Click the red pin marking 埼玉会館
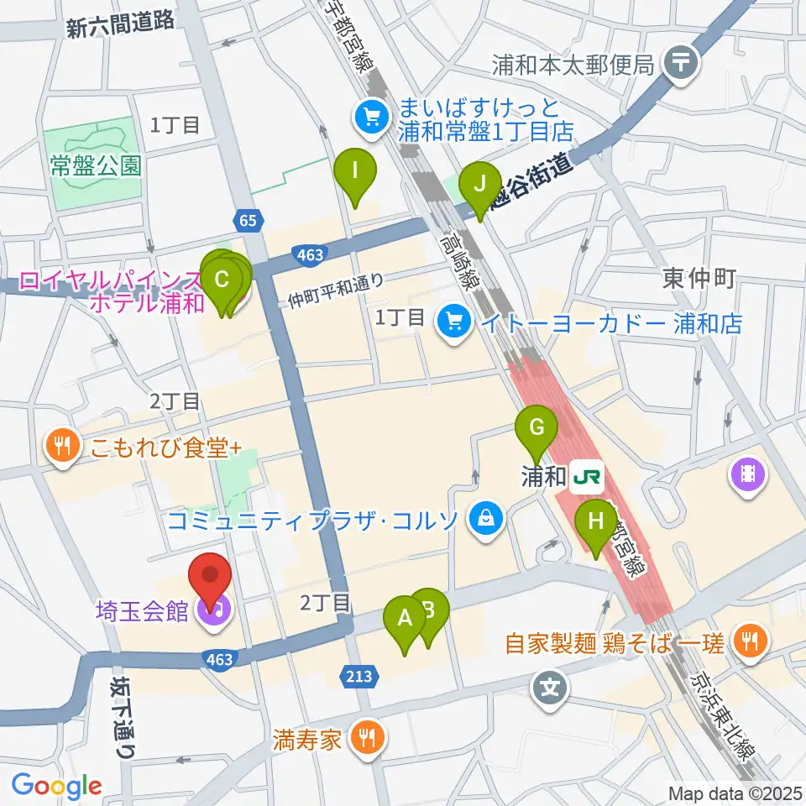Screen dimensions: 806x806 click(209, 578)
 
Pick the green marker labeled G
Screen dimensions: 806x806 click(537, 430)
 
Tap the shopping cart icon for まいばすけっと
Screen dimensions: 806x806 click(369, 118)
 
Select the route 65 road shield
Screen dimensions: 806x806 click(246, 220)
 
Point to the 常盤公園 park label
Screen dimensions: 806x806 click(95, 166)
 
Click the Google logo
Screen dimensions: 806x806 click(57, 786)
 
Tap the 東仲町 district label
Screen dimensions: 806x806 click(699, 279)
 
